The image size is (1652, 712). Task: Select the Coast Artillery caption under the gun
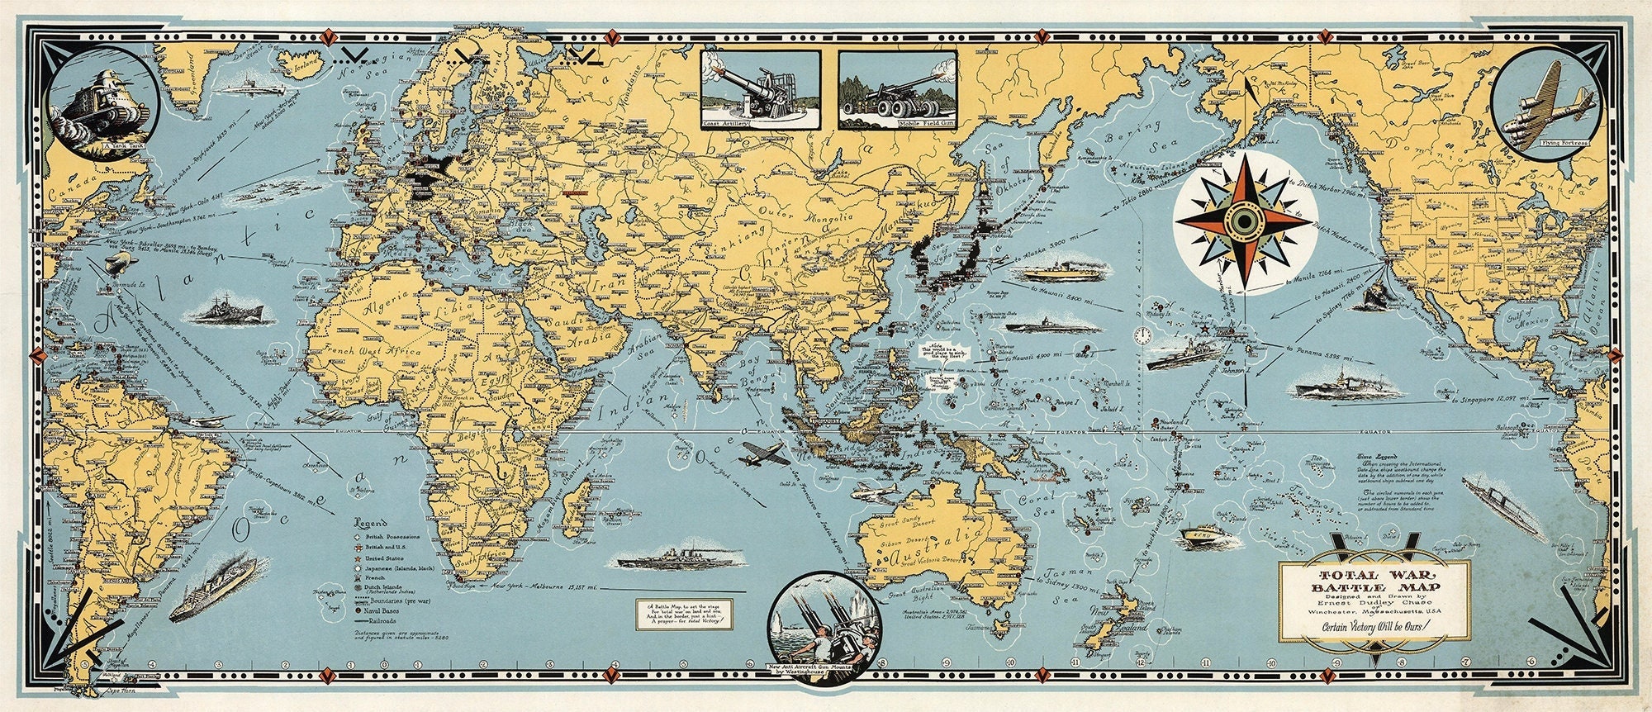point(726,125)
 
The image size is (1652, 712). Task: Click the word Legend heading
point(370,523)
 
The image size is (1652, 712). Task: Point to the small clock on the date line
point(1143,335)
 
